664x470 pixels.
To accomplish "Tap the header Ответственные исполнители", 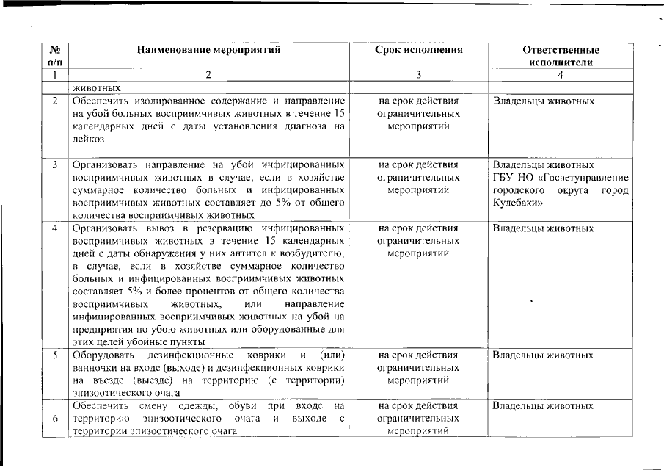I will (561, 57).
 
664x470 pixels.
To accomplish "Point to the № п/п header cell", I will (54, 57).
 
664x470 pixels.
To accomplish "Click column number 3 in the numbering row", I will (418, 75).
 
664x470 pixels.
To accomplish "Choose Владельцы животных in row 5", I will (543, 355).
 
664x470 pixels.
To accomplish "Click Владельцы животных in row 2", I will (543, 101).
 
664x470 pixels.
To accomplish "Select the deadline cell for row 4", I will (418, 240).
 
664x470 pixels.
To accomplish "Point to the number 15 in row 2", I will (338, 114).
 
